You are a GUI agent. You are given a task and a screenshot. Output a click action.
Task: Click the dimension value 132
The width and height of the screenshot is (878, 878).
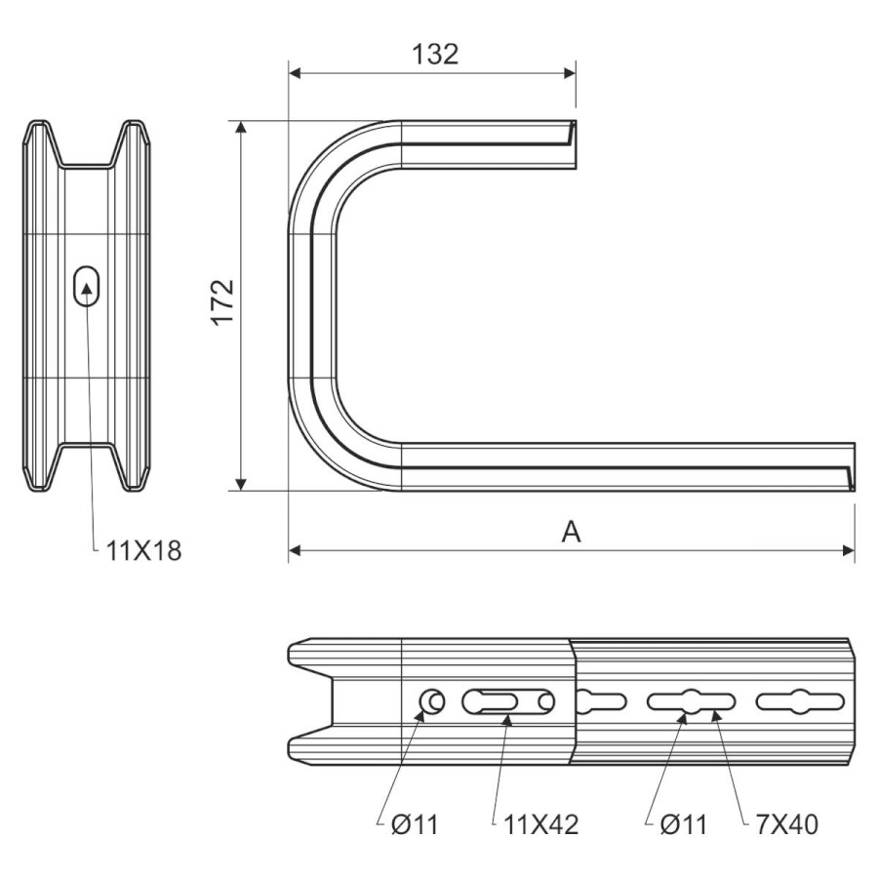(435, 55)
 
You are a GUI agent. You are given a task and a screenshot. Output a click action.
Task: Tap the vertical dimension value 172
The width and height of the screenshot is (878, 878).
(222, 301)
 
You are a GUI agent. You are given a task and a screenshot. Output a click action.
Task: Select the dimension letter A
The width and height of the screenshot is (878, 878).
(571, 532)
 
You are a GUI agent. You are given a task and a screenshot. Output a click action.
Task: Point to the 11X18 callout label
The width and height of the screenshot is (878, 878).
(144, 551)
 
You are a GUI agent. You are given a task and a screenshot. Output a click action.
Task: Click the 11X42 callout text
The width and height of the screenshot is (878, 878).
(540, 824)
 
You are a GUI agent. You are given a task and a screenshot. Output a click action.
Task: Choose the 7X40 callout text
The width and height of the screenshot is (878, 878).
(786, 824)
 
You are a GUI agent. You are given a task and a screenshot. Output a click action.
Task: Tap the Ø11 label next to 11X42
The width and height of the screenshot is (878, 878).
(415, 824)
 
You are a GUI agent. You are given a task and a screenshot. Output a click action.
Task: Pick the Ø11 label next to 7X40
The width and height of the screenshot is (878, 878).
(684, 824)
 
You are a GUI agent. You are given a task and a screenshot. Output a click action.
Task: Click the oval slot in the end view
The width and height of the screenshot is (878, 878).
(87, 286)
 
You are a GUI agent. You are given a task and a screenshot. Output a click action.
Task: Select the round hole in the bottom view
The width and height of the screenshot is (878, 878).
(432, 701)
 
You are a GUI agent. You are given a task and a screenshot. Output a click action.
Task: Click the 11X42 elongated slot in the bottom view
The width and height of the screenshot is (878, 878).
(508, 701)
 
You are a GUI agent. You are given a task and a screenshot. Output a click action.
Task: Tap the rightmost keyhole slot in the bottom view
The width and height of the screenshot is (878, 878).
(800, 701)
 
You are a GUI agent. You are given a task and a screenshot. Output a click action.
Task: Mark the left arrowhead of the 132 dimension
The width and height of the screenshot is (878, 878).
(295, 73)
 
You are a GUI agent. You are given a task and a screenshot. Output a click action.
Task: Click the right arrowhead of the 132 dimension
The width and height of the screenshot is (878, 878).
(570, 73)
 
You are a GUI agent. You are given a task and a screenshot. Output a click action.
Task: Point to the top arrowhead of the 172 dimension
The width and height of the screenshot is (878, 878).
(241, 127)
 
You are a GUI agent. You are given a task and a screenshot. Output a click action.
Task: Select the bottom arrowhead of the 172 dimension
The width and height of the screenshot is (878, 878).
(241, 484)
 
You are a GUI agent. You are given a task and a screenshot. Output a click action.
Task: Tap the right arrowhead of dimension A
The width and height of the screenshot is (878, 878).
(849, 551)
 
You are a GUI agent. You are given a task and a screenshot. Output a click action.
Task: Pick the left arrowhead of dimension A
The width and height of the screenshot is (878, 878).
(295, 551)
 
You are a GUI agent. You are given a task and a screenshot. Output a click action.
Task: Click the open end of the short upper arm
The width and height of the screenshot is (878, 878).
(575, 144)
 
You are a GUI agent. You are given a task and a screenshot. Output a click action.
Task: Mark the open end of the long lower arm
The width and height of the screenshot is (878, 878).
(854, 467)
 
